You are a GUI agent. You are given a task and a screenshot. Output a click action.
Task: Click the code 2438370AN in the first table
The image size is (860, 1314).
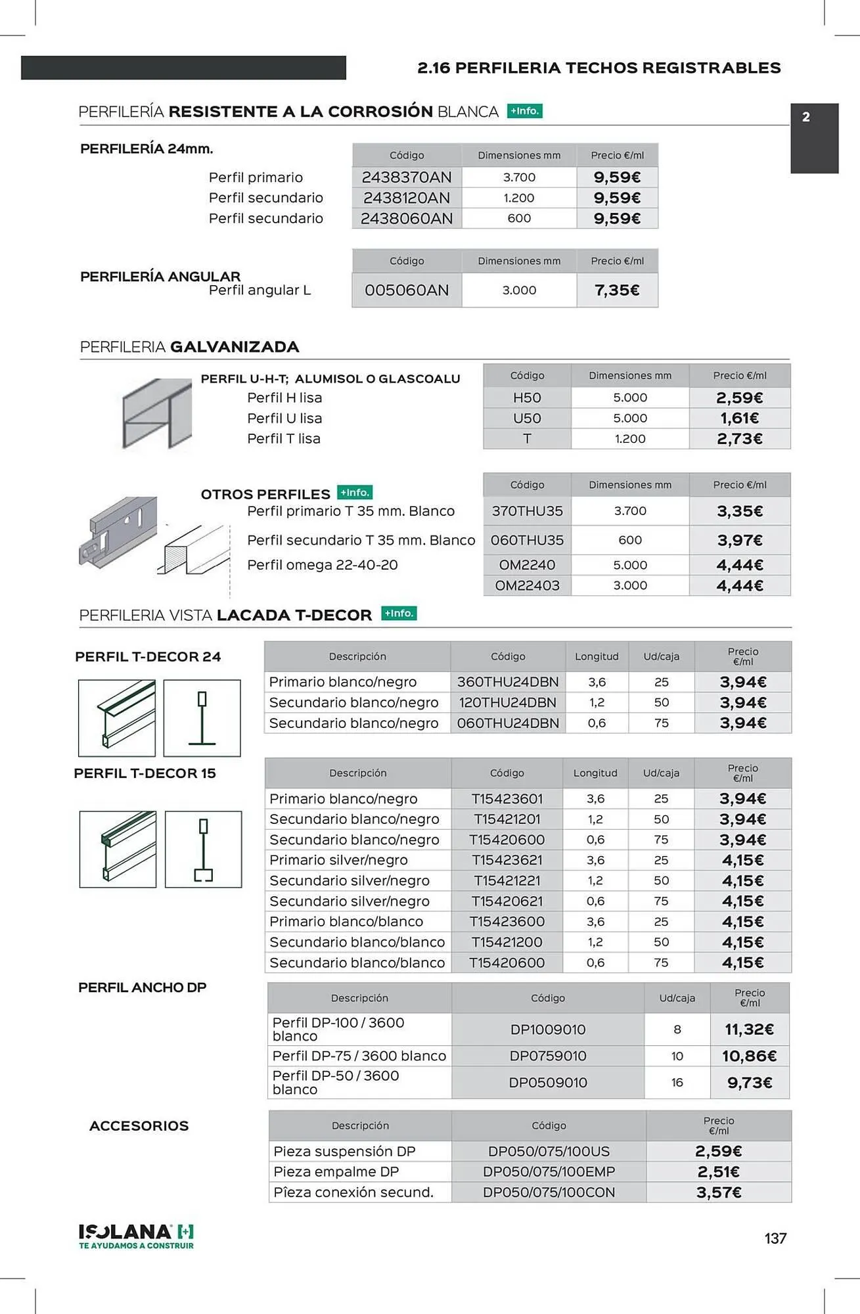pyautogui.click(x=407, y=177)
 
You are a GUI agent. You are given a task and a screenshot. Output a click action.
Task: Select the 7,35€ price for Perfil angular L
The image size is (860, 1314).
pyautogui.click(x=617, y=290)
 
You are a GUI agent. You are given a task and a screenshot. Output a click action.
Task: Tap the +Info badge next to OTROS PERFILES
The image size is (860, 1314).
pyautogui.click(x=355, y=493)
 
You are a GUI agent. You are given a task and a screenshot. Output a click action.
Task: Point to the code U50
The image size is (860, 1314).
pyautogui.click(x=527, y=419)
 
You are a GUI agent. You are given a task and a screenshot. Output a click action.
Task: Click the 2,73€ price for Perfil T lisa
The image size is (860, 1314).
pyautogui.click(x=740, y=439)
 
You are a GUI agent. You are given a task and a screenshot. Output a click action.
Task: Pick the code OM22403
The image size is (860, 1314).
pyautogui.click(x=527, y=585)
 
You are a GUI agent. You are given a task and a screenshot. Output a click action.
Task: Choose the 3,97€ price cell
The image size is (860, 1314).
pyautogui.click(x=740, y=541)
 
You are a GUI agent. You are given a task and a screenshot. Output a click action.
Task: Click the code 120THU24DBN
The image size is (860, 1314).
pyautogui.click(x=507, y=703)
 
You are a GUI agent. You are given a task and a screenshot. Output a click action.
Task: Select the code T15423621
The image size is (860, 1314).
pyautogui.click(x=507, y=860)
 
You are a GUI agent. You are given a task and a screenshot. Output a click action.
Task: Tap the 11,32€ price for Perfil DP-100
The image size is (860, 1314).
pyautogui.click(x=750, y=1030)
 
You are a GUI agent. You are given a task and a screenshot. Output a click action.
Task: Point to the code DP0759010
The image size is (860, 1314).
pyautogui.click(x=548, y=1056)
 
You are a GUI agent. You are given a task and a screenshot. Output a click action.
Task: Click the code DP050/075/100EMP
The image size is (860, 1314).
pyautogui.click(x=549, y=1172)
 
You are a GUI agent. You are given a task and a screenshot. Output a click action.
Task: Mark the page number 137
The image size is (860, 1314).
pyautogui.click(x=775, y=1238)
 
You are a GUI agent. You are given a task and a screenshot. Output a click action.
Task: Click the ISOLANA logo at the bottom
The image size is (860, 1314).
pyautogui.click(x=136, y=1235)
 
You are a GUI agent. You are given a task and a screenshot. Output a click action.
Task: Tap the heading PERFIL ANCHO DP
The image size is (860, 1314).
pyautogui.click(x=143, y=987)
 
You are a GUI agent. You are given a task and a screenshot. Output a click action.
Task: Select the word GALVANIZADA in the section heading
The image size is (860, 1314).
pyautogui.click(x=235, y=347)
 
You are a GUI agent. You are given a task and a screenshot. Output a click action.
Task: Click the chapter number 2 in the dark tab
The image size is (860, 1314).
pyautogui.click(x=806, y=118)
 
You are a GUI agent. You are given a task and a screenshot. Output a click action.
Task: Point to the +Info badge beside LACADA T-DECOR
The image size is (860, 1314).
pyautogui.click(x=399, y=614)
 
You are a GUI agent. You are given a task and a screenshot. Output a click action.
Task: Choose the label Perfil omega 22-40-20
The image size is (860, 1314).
pyautogui.click(x=322, y=565)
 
